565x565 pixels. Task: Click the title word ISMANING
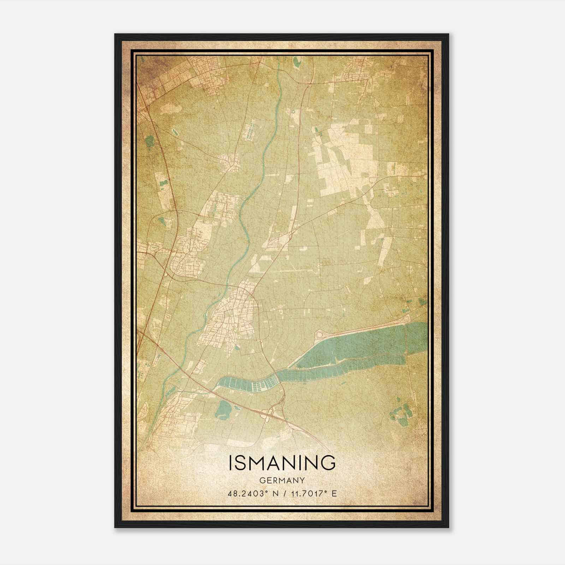[x=282, y=463]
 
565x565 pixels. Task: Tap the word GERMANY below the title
[x=282, y=480]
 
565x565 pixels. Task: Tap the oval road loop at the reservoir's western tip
[x=321, y=334]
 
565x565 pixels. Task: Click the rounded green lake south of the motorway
[x=223, y=409]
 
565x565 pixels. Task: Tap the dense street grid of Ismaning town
[x=231, y=318]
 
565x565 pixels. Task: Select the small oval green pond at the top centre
[x=296, y=62]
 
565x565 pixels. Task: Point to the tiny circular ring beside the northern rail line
[x=293, y=112]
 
